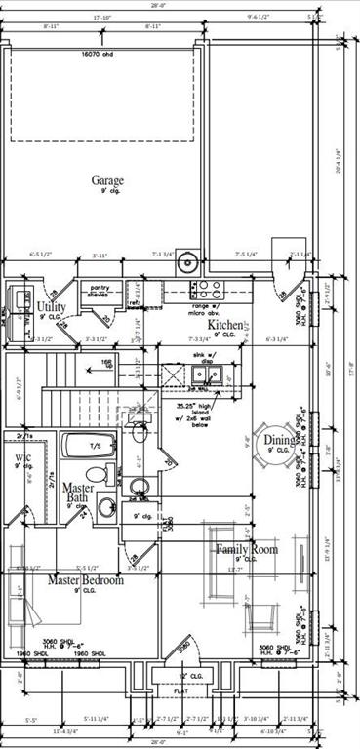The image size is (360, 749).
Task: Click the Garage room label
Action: pos(107,180)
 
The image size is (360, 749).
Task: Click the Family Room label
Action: pos(246,549)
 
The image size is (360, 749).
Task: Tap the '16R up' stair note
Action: pos(105,363)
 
